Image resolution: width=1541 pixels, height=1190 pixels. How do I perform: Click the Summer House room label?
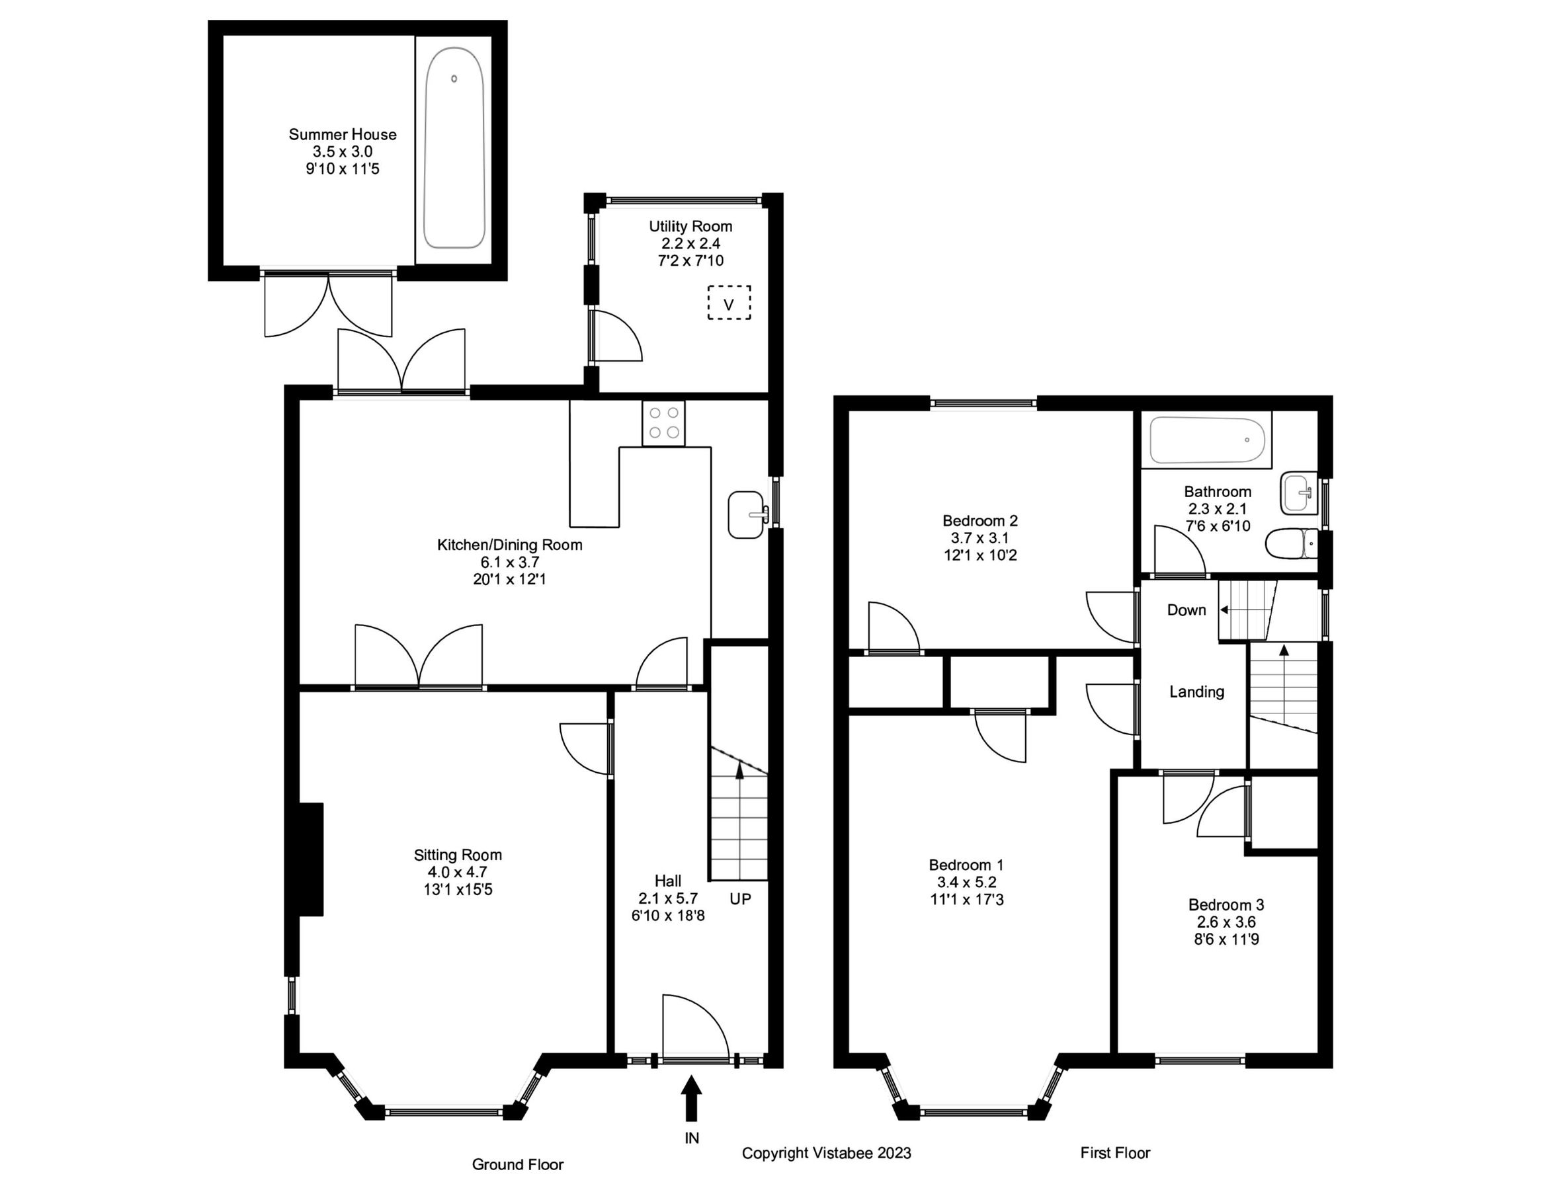click(x=342, y=135)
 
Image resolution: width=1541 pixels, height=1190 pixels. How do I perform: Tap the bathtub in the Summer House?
click(x=454, y=148)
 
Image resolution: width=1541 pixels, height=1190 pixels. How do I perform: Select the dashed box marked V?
click(x=729, y=303)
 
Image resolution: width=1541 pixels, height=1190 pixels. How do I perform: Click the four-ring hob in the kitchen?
click(x=663, y=423)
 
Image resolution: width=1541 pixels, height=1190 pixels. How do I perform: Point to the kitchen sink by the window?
click(x=747, y=514)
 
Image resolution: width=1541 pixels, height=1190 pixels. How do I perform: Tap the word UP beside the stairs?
click(x=740, y=898)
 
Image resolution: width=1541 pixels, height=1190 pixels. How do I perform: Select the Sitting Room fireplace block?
click(x=311, y=859)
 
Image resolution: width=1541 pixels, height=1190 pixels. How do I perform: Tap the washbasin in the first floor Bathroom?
click(x=1298, y=493)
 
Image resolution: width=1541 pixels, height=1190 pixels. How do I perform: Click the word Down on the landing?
click(x=1186, y=610)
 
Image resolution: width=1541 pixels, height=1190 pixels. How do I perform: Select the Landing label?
click(x=1196, y=692)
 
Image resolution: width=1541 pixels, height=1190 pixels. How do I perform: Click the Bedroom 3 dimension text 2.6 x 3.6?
click(x=1226, y=922)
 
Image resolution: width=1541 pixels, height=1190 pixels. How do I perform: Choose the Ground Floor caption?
click(x=517, y=1165)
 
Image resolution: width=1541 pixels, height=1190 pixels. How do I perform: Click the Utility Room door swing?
click(x=615, y=337)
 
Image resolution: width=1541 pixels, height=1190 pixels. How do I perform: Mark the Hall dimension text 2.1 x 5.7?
click(x=667, y=898)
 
